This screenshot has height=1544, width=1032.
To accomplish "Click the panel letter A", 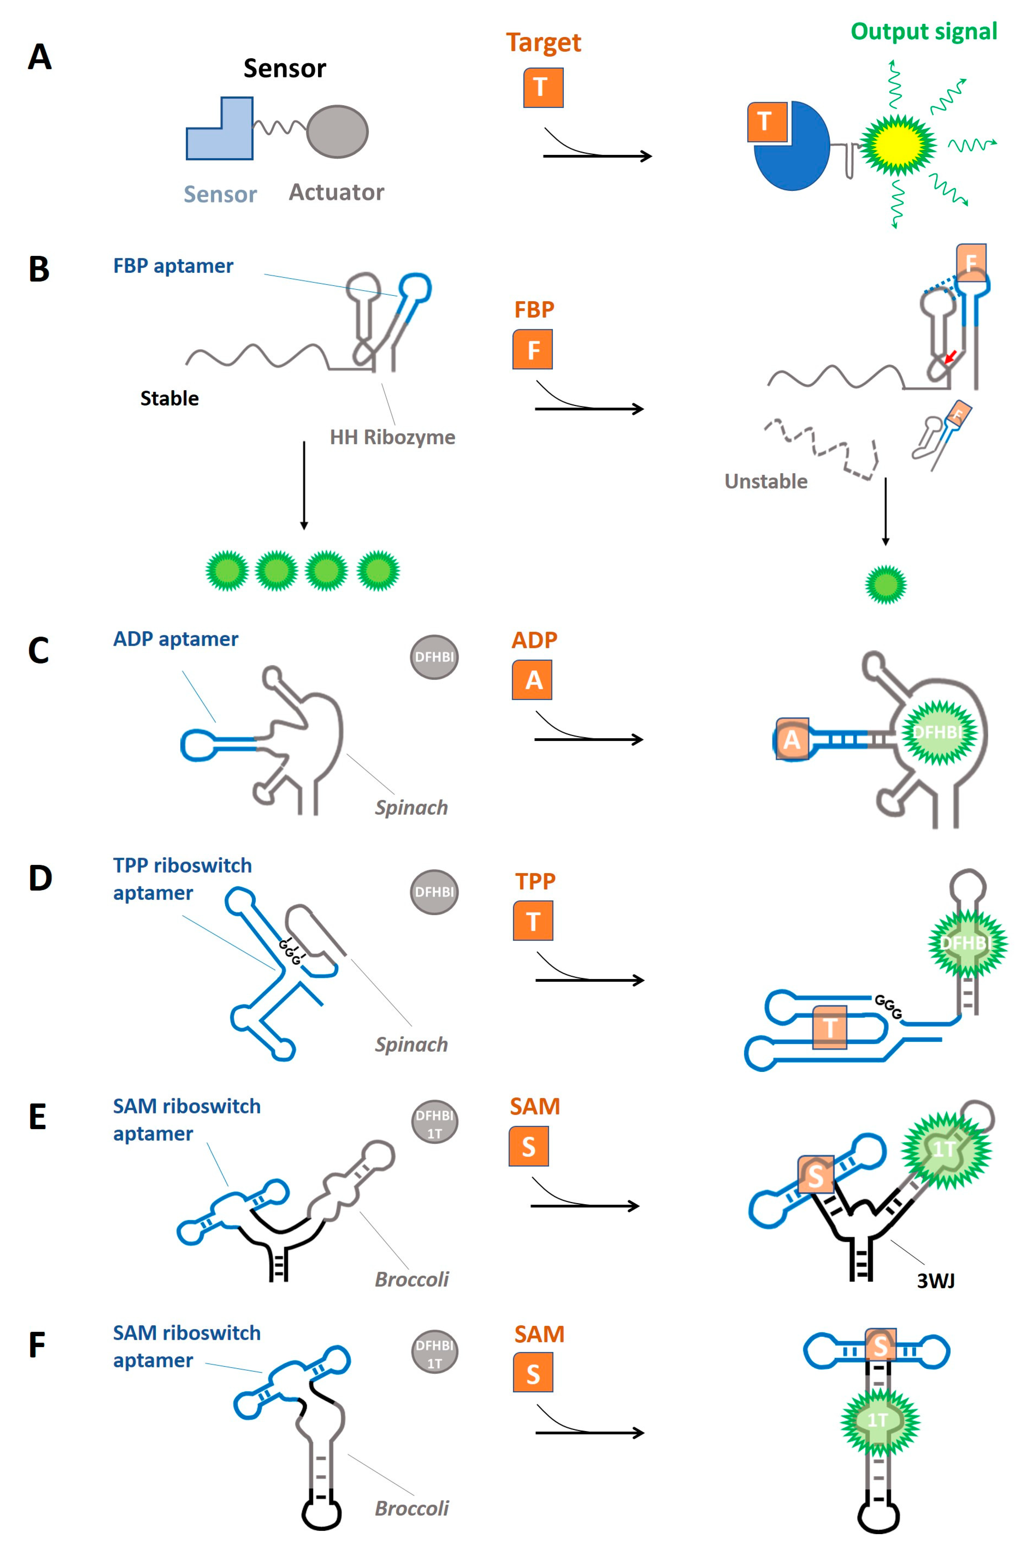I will [x=40, y=57].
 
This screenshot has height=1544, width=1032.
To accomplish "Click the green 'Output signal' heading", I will [x=923, y=32].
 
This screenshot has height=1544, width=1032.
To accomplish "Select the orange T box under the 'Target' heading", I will [x=543, y=87].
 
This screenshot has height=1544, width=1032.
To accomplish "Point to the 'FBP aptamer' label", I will [x=173, y=266].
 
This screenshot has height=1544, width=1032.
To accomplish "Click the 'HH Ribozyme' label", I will [x=392, y=437].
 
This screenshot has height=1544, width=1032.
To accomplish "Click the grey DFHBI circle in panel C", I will [x=434, y=657].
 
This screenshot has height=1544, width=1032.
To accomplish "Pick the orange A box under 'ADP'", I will [x=532, y=680].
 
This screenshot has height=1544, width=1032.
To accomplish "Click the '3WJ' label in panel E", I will [x=935, y=1280].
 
